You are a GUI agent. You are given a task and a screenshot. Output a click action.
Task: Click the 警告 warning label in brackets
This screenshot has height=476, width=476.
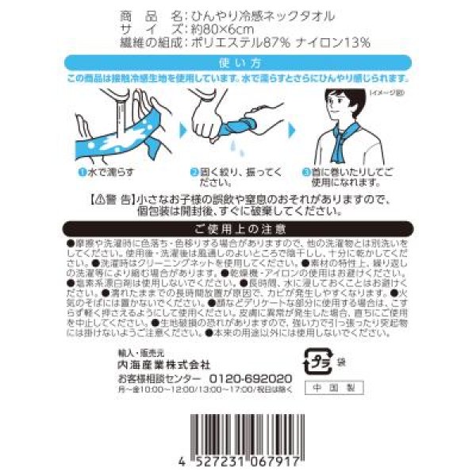tap(115, 198)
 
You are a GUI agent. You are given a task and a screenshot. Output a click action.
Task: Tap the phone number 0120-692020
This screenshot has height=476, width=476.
tap(258, 378)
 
